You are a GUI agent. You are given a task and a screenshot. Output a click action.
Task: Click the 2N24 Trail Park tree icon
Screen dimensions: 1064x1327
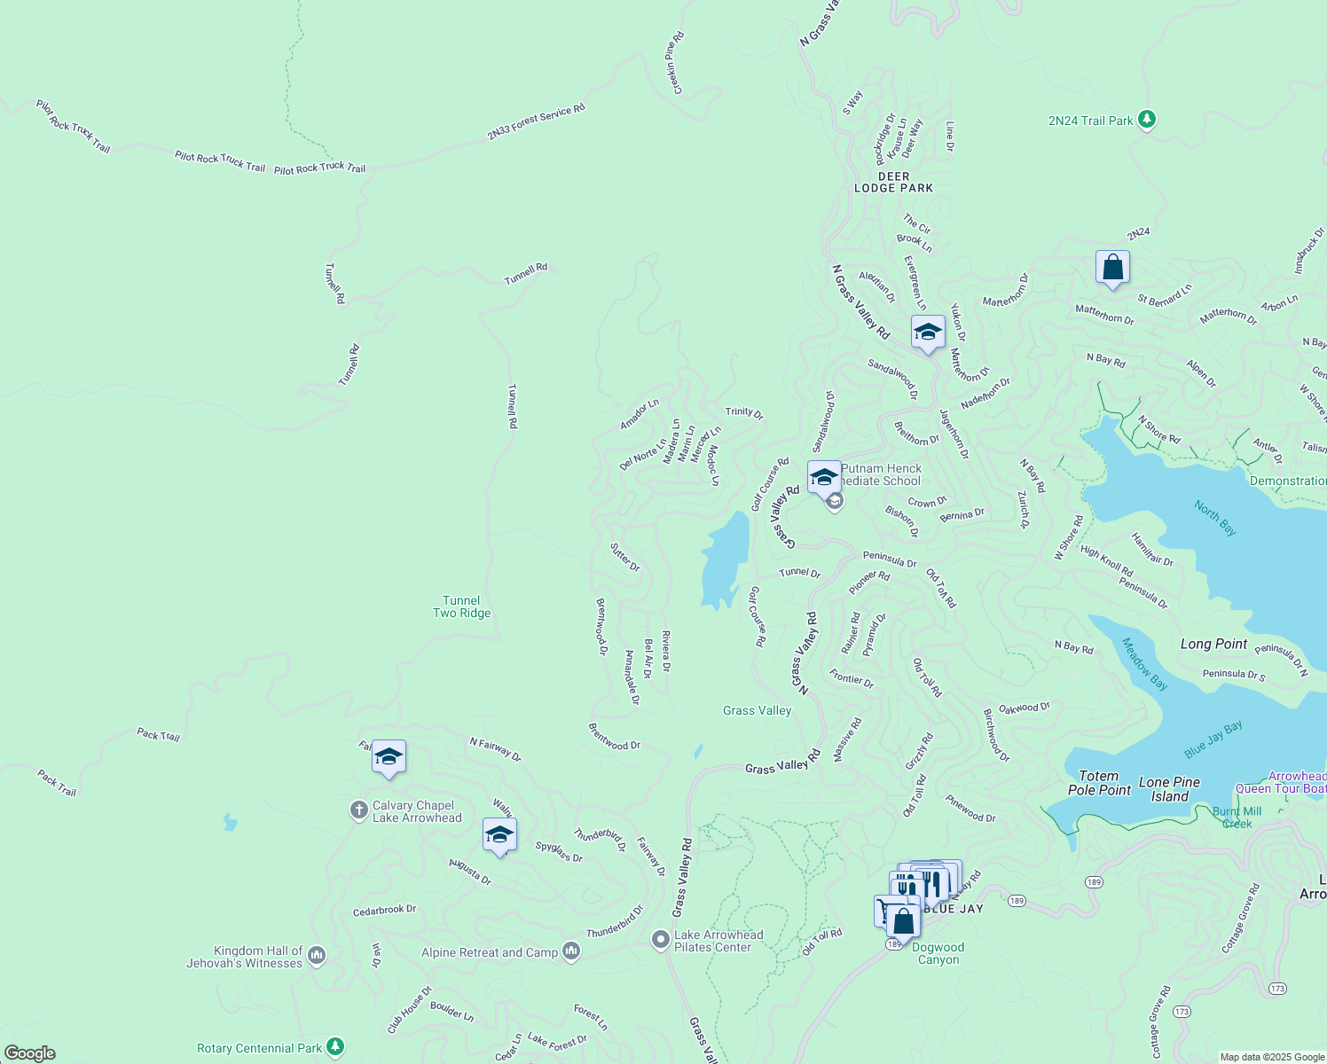click(1146, 119)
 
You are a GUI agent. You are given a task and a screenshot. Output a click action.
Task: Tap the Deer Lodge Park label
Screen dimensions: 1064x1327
click(893, 183)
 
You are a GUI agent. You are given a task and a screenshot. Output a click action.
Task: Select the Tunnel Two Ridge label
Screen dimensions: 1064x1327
click(461, 606)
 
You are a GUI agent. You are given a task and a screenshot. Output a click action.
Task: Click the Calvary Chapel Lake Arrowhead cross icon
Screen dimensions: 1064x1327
click(358, 810)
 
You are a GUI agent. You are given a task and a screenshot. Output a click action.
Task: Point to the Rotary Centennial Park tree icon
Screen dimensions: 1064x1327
click(334, 1047)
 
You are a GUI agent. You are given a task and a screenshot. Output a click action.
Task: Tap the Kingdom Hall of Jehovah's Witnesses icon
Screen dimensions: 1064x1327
click(317, 956)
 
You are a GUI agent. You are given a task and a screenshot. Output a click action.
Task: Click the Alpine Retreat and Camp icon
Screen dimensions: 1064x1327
click(571, 951)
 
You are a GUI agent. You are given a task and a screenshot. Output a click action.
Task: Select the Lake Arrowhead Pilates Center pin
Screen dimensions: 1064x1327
click(660, 940)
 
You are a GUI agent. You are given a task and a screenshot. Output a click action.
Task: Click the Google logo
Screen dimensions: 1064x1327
click(30, 1053)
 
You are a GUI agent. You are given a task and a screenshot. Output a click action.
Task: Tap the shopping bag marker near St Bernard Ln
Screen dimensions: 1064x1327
click(1112, 268)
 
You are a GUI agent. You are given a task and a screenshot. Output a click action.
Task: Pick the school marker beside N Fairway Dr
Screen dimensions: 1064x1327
click(389, 757)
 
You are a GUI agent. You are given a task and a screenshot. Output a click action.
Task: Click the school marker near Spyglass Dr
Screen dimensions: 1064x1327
click(499, 835)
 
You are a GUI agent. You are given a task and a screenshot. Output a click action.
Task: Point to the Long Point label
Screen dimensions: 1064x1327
click(1213, 644)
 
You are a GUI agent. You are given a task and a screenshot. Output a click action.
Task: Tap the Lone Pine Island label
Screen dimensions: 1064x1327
click(1169, 789)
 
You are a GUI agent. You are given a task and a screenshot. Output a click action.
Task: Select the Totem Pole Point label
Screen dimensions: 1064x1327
click(1099, 783)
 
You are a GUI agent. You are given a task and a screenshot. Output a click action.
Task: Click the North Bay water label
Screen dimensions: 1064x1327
click(1214, 518)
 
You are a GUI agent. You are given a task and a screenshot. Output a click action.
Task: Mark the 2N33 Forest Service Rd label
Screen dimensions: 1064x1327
click(536, 122)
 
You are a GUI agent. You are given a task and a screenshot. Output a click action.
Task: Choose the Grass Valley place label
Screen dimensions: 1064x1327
click(757, 710)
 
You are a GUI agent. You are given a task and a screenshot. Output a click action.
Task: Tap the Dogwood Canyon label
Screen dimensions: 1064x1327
click(938, 953)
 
